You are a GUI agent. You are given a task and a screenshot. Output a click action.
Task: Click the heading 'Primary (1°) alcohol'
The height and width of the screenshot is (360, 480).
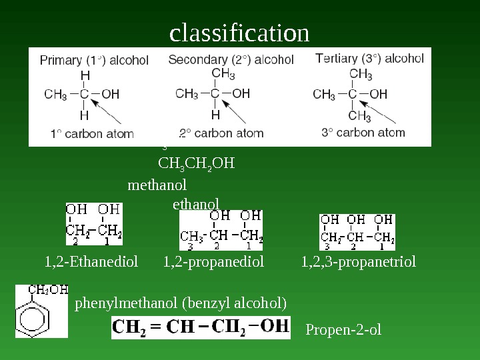[x=94, y=61]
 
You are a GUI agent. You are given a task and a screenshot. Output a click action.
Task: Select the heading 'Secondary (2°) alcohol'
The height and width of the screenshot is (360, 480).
[x=231, y=60]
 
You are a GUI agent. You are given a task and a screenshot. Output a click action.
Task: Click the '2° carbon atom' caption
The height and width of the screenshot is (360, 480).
[x=221, y=133]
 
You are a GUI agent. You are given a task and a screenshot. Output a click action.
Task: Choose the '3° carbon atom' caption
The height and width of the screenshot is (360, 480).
[x=363, y=132]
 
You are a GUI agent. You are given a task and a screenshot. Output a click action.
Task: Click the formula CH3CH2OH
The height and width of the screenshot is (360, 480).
[x=197, y=163]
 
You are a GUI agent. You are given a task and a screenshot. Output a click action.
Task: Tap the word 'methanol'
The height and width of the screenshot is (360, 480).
[x=157, y=184]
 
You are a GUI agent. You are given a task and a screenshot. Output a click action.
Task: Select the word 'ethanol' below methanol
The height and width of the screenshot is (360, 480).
[x=195, y=203]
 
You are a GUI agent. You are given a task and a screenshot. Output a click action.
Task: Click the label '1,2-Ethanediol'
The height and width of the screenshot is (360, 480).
[x=91, y=262]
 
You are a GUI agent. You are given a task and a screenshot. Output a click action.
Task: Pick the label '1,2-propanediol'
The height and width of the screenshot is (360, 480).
[x=213, y=262]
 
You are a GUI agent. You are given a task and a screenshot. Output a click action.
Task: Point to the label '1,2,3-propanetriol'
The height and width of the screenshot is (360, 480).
[x=358, y=262]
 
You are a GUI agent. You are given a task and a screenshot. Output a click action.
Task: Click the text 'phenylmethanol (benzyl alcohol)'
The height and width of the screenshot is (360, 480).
[x=181, y=304]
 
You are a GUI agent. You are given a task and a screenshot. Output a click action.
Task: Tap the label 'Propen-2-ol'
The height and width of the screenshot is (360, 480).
[x=343, y=329]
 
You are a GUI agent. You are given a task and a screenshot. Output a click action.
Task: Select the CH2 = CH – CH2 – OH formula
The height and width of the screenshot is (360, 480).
[x=201, y=327]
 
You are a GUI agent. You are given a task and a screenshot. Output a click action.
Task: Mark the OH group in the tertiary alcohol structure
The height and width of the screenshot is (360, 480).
[x=378, y=94]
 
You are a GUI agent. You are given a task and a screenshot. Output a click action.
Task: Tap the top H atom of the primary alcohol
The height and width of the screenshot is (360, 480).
[x=85, y=75]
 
